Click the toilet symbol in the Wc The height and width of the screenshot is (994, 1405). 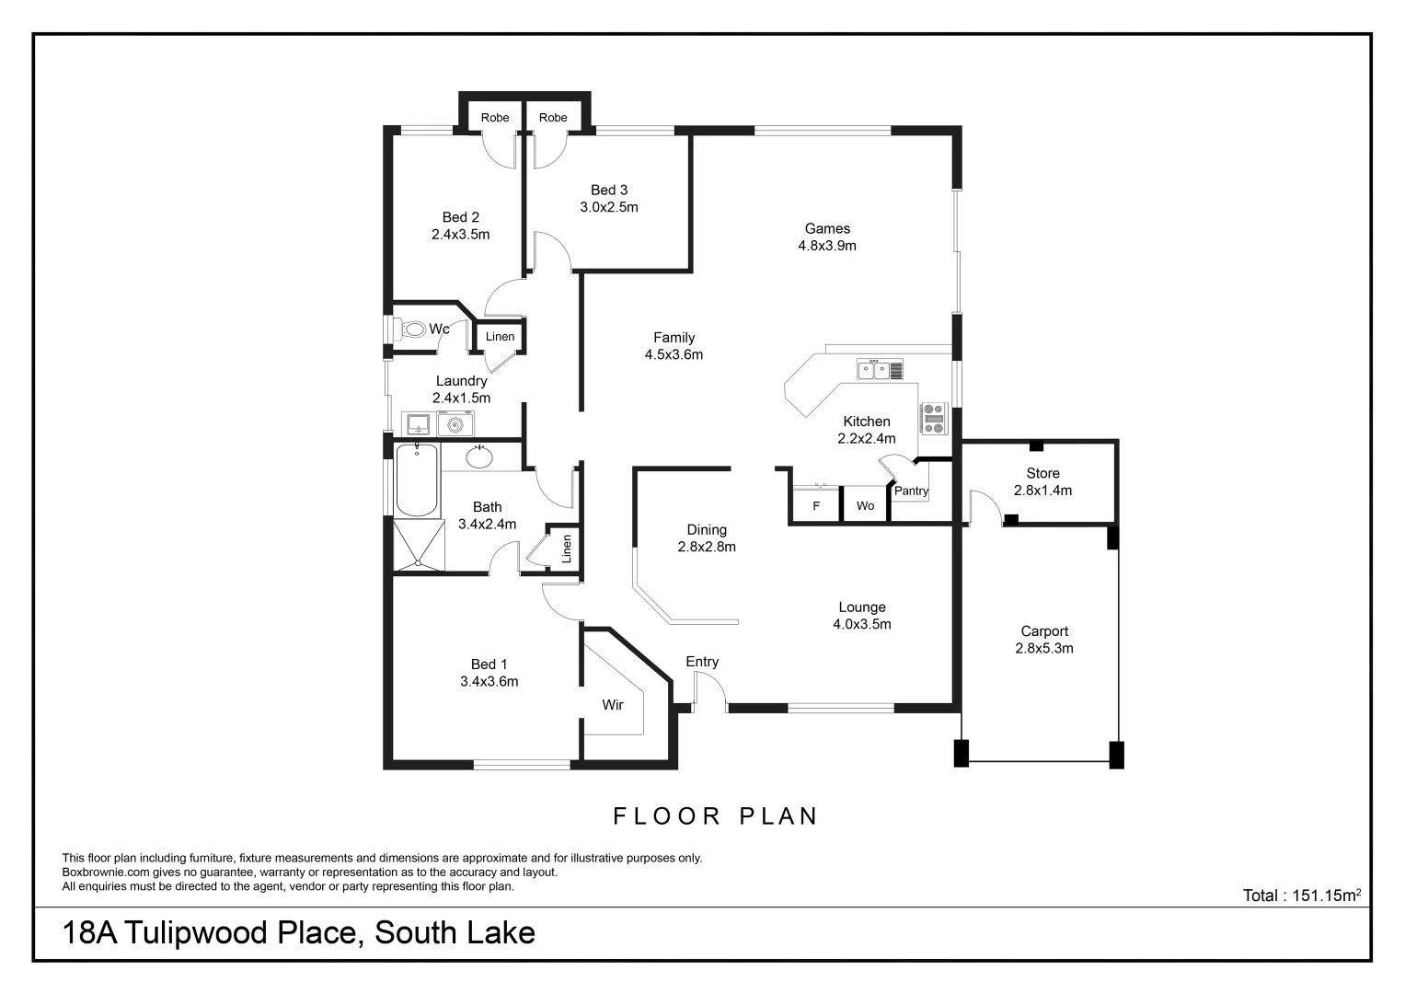tap(413, 329)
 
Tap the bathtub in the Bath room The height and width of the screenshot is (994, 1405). tap(417, 480)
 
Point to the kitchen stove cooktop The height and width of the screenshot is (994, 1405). tap(934, 419)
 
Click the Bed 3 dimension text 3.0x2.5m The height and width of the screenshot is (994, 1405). tap(608, 207)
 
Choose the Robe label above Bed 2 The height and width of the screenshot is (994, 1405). tap(495, 118)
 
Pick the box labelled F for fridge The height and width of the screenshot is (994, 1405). tap(816, 506)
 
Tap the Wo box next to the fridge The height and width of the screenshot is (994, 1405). tap(865, 506)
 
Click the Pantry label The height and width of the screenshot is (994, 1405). tap(911, 491)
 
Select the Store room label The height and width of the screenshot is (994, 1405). tap(1042, 473)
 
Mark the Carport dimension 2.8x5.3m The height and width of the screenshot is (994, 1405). tap(1044, 648)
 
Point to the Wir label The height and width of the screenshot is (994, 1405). tap(613, 705)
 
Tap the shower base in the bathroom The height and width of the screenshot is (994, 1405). tap(419, 546)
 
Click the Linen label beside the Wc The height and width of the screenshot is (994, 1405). tap(500, 337)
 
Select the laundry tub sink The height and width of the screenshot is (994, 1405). tap(419, 424)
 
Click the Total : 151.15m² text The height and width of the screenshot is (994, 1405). tap(1301, 895)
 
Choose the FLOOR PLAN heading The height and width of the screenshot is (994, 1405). tap(715, 816)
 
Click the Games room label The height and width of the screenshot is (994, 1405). tap(827, 228)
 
